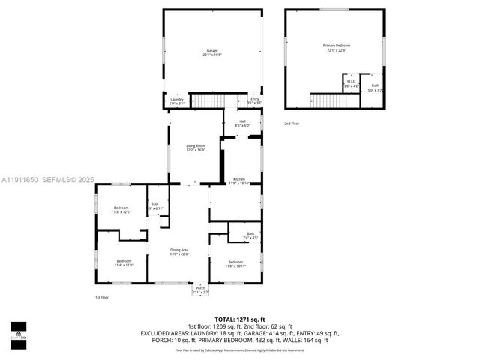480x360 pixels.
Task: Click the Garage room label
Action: coord(213,52)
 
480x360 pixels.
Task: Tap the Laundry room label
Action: coord(176,100)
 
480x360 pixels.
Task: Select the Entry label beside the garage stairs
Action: coord(255,100)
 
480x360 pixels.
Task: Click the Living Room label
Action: coord(196,148)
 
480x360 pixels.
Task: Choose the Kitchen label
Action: coord(239,181)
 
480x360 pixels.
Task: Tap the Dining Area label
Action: coord(178,251)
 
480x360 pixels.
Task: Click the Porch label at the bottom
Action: coord(200,289)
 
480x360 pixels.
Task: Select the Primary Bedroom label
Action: coord(337,48)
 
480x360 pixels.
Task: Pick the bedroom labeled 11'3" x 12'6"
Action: coord(121,210)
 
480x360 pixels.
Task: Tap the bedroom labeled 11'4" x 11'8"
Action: coord(124,262)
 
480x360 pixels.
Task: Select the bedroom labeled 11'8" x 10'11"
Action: coord(235,263)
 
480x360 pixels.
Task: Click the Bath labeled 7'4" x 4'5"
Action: coord(250,235)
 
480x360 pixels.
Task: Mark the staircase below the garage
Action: coord(206,100)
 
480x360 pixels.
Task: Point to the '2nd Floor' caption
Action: coord(292,124)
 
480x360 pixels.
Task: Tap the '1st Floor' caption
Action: coord(103,298)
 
